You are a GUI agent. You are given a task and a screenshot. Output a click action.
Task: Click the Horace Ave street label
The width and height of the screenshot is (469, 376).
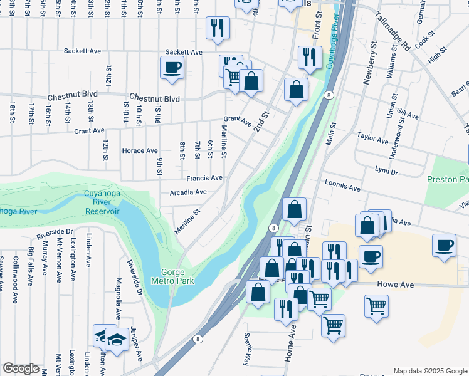click(x=140, y=151)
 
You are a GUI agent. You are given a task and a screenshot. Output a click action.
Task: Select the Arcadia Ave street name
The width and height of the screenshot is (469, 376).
click(x=188, y=192)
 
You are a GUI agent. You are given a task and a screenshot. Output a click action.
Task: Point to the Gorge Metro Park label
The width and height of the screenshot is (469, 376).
click(x=166, y=276)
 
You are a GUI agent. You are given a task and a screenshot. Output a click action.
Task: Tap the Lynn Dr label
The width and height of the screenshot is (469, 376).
click(x=386, y=171)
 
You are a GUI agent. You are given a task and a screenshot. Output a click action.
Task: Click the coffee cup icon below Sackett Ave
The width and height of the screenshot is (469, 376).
click(x=172, y=67)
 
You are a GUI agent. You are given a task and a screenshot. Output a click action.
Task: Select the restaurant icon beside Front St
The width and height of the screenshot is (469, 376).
click(x=309, y=57)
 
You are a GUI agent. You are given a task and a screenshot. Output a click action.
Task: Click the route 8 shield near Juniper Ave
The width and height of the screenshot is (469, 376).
click(x=199, y=339)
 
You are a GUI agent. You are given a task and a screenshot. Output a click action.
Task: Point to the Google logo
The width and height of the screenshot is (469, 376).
click(x=21, y=368)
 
